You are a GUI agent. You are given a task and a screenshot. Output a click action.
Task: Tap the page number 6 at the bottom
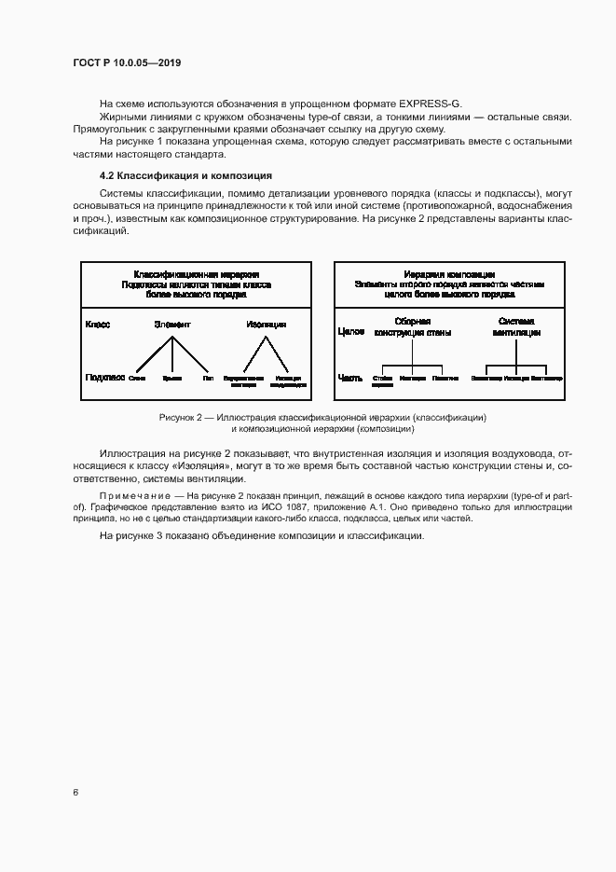pos(75,792)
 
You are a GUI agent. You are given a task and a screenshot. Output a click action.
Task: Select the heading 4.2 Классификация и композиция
pos(172,174)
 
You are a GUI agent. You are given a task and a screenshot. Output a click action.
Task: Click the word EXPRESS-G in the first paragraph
pos(430,102)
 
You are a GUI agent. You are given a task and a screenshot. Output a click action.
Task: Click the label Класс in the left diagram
pos(98,325)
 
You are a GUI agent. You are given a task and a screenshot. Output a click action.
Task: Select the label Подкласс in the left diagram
pos(104,379)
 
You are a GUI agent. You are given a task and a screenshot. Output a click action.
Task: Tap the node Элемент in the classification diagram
pos(171,325)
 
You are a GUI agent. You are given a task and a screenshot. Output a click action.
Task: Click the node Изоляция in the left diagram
pos(266,325)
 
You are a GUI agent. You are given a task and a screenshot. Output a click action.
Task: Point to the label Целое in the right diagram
pos(349,331)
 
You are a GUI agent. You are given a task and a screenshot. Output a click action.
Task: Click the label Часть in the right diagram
pos(349,379)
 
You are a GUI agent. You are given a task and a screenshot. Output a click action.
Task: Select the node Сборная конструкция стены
pos(413,325)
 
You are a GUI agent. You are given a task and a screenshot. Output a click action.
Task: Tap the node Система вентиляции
pos(515,325)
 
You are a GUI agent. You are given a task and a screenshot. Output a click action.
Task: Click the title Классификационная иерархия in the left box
pos(196,275)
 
